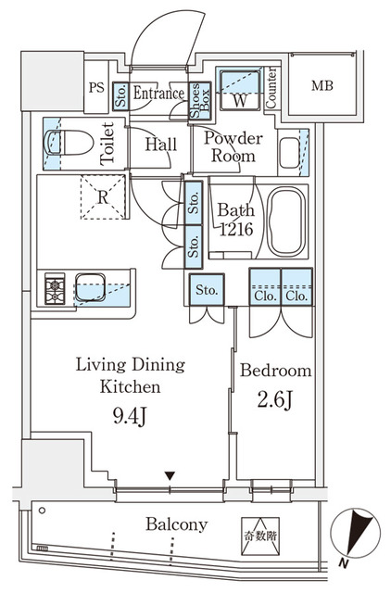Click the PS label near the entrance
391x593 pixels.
point(96,89)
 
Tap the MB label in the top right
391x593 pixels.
point(321,87)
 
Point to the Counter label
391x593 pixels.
point(271,89)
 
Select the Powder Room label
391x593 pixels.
point(233,147)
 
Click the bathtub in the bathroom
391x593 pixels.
point(288,223)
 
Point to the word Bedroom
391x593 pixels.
point(276,371)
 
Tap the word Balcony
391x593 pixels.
point(176,525)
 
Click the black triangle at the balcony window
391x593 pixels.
point(169,476)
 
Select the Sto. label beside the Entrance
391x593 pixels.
point(121,93)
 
